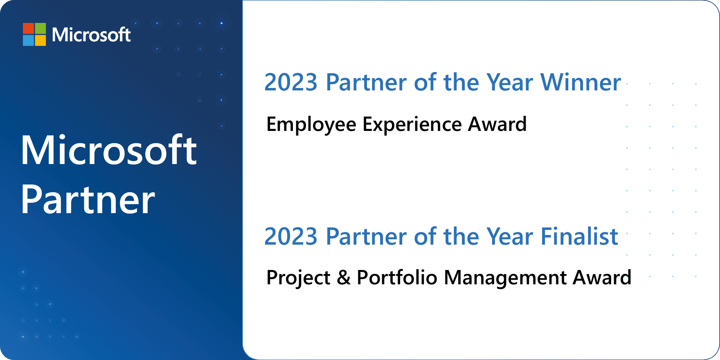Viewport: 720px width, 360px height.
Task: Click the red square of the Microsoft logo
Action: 28,28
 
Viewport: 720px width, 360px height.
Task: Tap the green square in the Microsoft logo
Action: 40,28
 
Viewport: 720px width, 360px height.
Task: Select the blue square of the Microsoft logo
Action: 28,40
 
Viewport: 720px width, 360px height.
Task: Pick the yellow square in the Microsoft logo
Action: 40,40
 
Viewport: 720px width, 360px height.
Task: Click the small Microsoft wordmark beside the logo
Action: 91,34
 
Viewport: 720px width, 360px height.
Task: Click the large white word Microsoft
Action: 109,150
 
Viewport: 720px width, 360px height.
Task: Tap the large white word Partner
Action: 88,200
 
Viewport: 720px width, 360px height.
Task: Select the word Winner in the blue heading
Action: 581,82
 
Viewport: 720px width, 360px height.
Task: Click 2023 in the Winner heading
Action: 291,83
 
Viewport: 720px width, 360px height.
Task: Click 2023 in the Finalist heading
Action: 291,236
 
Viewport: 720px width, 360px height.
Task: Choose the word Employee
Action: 311,125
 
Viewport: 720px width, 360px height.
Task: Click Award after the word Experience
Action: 497,124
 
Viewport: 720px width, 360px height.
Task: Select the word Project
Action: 298,278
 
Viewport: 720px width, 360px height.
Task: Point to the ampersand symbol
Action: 344,278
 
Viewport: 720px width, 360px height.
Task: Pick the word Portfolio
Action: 397,277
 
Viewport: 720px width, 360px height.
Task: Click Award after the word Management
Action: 602,277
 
